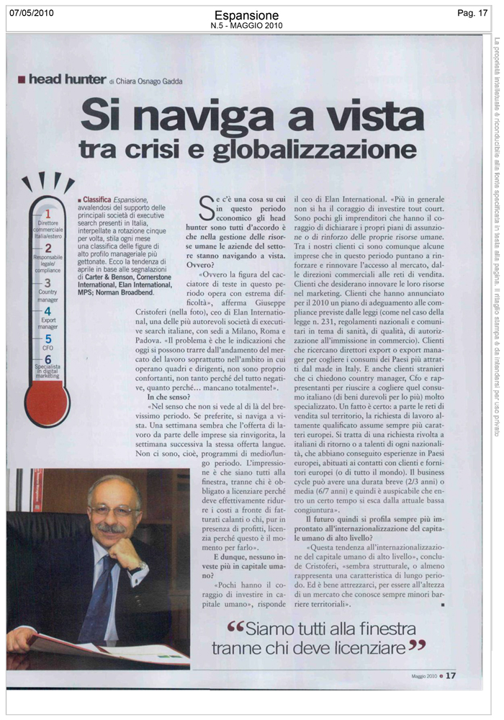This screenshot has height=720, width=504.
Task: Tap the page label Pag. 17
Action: coord(472,13)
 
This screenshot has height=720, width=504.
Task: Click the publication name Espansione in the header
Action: coord(247,15)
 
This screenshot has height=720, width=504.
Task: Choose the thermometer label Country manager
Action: coord(48,297)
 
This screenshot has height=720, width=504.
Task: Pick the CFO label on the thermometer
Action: coord(48,347)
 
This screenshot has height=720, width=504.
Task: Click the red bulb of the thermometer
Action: coord(46,405)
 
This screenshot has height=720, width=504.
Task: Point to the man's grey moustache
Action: coord(112,528)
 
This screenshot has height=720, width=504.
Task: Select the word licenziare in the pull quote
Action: coord(367,649)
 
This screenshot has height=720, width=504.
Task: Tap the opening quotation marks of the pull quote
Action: coord(237,629)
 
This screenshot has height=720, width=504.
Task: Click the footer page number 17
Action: coord(451,675)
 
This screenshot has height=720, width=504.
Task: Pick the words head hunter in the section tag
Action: coord(67,80)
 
